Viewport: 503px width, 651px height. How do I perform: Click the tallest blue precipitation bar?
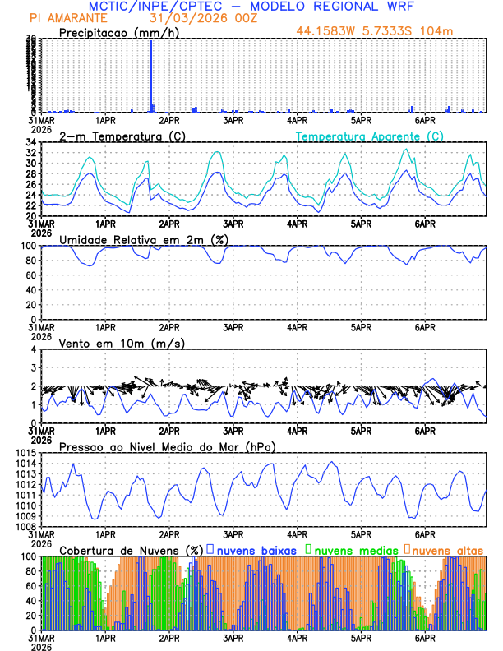150,74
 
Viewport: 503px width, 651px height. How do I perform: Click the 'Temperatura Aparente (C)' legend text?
369,136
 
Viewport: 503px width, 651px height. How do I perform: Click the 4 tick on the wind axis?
34,349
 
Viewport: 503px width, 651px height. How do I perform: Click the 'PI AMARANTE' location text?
67,17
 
